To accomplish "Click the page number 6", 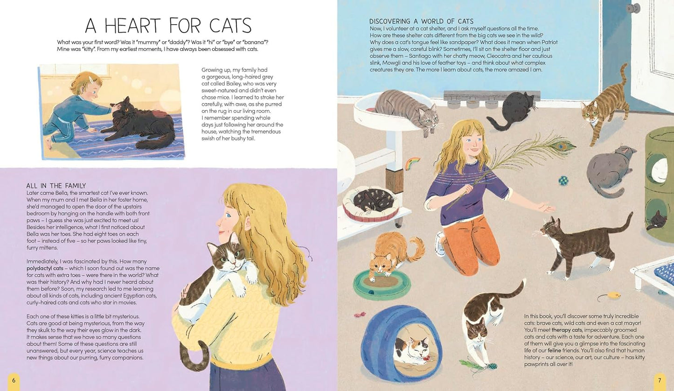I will (x=14, y=380).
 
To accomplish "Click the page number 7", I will (x=660, y=380).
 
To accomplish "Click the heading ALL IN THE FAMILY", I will (x=56, y=186).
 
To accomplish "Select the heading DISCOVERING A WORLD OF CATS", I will (x=421, y=21).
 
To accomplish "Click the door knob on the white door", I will (x=632, y=8).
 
